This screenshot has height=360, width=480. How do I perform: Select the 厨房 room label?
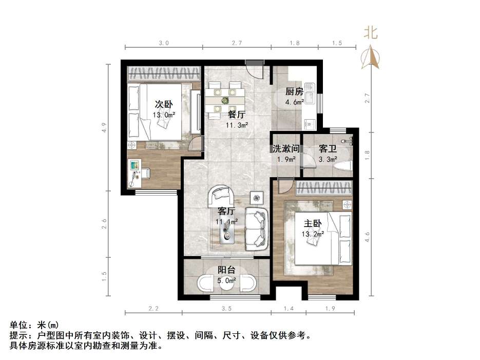point(294,92)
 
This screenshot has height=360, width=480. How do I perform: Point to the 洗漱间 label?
point(285,149)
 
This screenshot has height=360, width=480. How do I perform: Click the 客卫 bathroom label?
point(328,149)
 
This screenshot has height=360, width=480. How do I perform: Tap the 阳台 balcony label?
point(226,270)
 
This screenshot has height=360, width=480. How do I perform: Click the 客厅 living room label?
point(226,211)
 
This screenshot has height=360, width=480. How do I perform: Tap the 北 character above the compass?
point(371,33)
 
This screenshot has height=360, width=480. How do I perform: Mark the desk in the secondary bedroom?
point(136,172)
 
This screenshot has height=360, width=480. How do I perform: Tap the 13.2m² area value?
point(313,234)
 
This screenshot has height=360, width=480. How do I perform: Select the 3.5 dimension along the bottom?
point(226,309)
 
